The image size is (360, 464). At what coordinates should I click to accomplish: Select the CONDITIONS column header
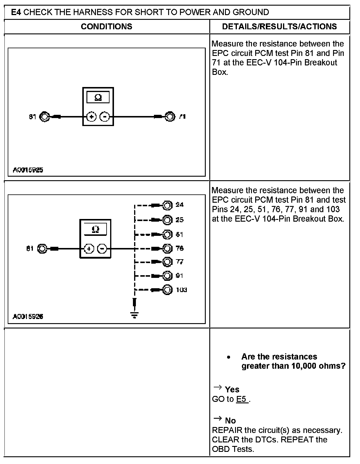click(106, 27)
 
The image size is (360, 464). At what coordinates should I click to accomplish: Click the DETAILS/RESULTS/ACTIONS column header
click(279, 27)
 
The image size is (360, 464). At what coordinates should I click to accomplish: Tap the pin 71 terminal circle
click(170, 117)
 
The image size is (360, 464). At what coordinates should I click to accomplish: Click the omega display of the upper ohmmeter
click(98, 97)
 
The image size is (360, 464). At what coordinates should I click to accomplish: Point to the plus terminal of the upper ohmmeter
click(92, 117)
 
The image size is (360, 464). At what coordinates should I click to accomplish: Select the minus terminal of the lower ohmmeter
click(102, 249)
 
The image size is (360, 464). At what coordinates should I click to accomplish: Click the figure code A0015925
click(28, 170)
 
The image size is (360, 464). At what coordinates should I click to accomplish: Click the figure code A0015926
click(28, 317)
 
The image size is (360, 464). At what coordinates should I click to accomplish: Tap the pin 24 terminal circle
click(167, 205)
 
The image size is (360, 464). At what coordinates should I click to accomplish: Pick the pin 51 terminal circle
click(167, 235)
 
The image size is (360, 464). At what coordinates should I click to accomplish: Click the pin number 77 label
click(179, 262)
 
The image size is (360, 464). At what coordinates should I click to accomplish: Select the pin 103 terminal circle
click(167, 290)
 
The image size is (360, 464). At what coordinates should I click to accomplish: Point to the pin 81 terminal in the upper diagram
click(44, 117)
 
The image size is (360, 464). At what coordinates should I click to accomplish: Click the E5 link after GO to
click(242, 399)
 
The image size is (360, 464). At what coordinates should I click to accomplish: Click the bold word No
click(230, 421)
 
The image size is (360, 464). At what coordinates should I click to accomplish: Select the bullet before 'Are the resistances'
click(228, 357)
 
